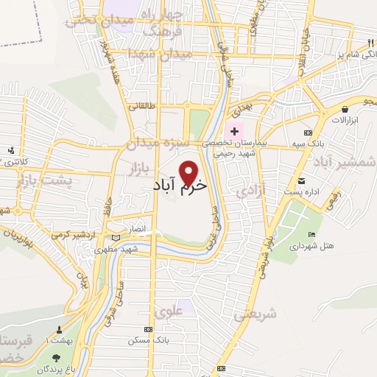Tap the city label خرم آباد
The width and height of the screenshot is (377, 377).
tap(179, 188)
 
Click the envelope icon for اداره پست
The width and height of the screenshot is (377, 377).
tap(301, 181)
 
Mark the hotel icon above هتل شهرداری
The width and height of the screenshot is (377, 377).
tap(312, 234)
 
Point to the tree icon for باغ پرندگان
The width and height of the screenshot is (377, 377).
tap(57, 357)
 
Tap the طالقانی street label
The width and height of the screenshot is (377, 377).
tap(141, 106)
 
